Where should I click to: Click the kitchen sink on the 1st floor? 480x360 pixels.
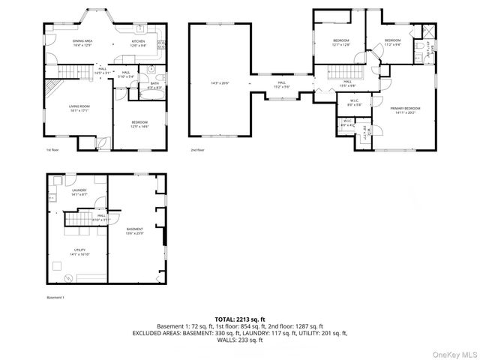tap(140, 28)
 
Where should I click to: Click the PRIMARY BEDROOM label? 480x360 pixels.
tap(405, 110)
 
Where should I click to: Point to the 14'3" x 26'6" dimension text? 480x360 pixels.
tap(220, 83)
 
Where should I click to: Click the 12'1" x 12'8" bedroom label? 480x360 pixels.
tap(341, 42)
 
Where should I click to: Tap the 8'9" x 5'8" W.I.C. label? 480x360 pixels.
tap(353, 103)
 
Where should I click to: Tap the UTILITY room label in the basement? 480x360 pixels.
tap(79, 252)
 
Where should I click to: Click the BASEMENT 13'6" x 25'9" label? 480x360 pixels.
tap(134, 231)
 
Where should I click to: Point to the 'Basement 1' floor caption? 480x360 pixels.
tap(56, 298)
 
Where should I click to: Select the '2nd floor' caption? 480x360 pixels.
tap(197, 150)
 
